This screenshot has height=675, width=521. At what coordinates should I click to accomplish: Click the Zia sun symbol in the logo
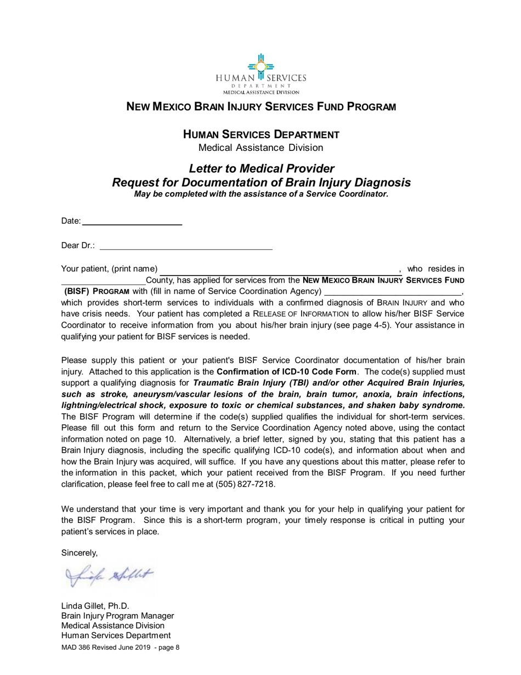tap(260, 65)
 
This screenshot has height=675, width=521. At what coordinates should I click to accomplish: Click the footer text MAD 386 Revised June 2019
tap(106, 648)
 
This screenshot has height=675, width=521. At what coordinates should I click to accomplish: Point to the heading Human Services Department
tap(260, 134)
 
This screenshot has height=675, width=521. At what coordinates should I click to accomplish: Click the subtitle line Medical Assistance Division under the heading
tap(260, 148)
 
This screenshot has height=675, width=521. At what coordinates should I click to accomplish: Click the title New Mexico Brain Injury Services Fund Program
tap(260, 108)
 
